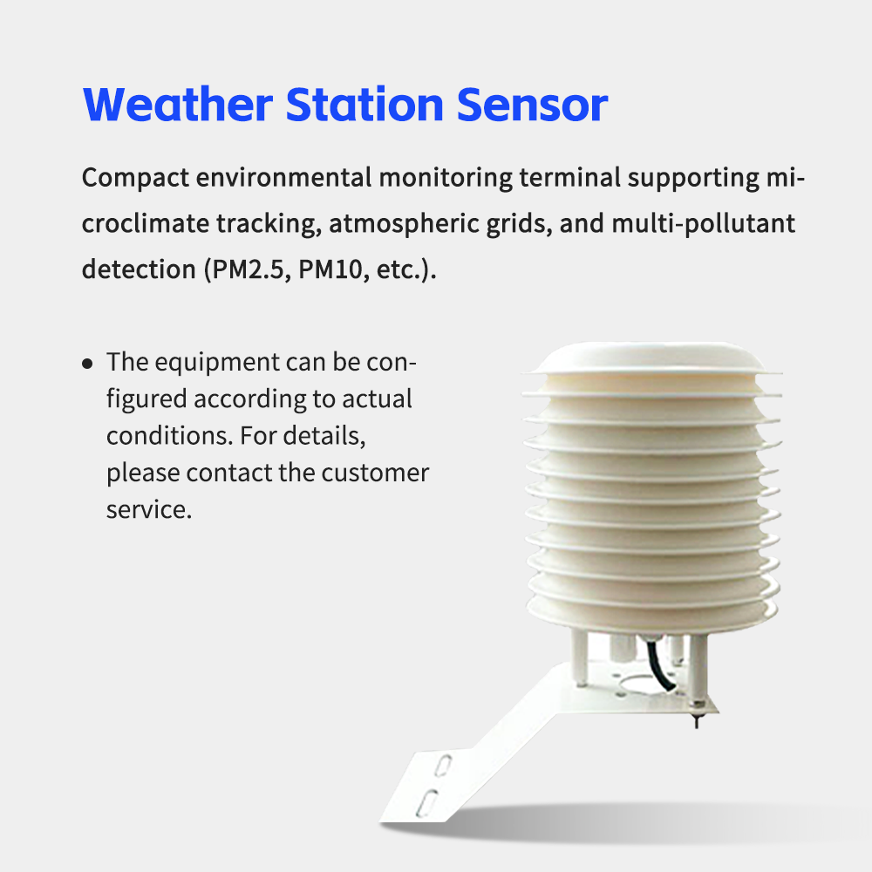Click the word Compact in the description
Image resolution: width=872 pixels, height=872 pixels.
(133, 178)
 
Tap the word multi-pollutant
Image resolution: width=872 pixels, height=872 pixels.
(703, 223)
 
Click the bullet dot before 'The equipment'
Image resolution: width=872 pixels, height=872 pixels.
(87, 363)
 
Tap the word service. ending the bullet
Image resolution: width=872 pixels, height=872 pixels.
(148, 509)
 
